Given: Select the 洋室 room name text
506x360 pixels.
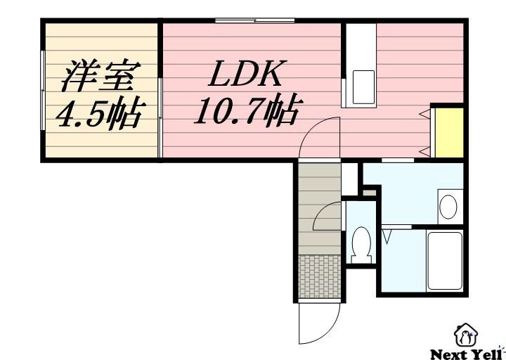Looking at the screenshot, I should pyautogui.click(x=101, y=77).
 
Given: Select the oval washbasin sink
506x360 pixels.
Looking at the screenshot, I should pyautogui.click(x=448, y=206).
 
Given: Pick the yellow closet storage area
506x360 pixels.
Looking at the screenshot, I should pyautogui.click(x=448, y=133).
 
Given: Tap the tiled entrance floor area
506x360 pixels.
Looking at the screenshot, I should pyautogui.click(x=318, y=276).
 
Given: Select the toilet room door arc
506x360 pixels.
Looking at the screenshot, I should pyautogui.click(x=327, y=218).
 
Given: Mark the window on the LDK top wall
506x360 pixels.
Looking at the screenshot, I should pyautogui.click(x=254, y=20).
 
